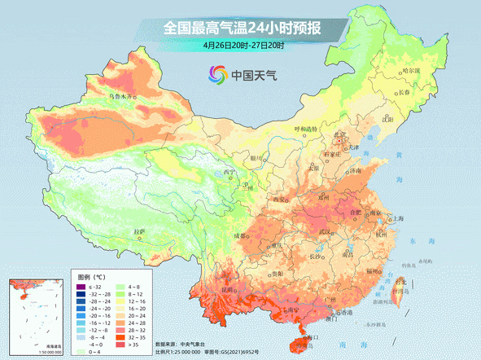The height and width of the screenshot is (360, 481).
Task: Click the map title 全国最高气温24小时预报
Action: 242,28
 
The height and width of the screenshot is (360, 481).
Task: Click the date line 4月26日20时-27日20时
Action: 242,46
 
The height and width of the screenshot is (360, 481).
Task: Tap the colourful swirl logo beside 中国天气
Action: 216,76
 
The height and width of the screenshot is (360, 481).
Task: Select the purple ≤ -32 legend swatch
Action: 80,288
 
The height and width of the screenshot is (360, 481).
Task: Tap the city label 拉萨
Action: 139,231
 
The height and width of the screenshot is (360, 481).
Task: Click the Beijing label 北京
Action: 343,135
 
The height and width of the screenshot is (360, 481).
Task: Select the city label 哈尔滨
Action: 413,71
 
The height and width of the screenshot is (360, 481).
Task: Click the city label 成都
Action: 241,235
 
